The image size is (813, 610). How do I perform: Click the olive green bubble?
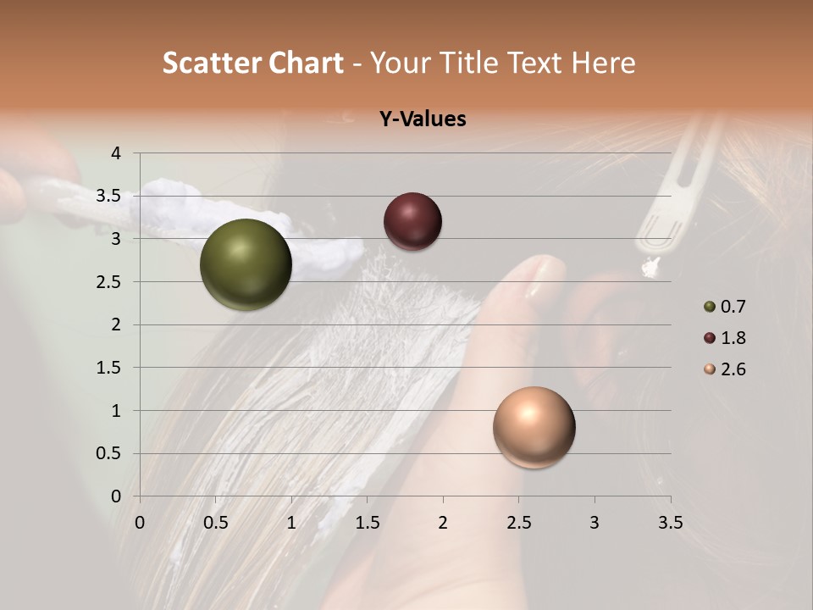click(246, 264)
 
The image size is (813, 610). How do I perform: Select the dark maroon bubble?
click(412, 222)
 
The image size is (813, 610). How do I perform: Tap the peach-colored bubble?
click(534, 427)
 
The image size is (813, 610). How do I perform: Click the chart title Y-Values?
click(422, 119)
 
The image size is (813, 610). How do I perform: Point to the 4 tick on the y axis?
click(116, 153)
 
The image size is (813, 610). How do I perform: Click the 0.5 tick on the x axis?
click(215, 523)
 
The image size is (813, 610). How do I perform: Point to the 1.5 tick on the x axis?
click(367, 523)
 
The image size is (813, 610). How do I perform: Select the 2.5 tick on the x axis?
click(518, 523)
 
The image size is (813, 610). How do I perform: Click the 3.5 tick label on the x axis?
click(670, 523)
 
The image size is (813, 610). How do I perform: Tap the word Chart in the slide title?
click(305, 63)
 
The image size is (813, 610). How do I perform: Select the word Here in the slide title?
click(603, 63)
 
